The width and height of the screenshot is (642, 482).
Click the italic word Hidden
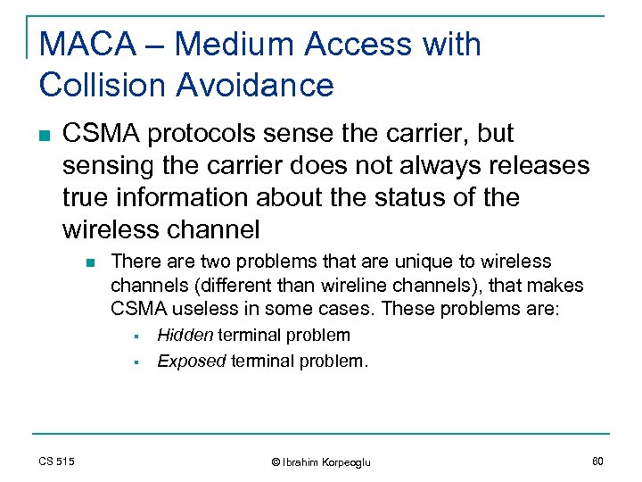[185, 336]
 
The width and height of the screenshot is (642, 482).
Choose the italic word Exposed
[192, 361]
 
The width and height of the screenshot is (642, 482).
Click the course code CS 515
[56, 461]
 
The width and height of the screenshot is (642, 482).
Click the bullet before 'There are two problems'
[89, 262]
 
